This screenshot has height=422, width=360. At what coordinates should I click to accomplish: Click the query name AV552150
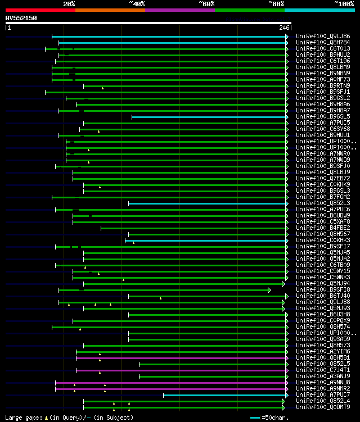[21, 18]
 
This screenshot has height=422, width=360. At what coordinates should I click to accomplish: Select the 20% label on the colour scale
[69, 3]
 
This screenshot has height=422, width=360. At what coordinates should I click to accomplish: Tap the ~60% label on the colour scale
[206, 3]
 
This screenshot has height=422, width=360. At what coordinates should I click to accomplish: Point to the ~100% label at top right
[344, 3]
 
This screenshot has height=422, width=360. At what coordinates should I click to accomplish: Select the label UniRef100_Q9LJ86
[323, 36]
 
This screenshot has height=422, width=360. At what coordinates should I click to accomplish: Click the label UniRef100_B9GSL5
[323, 117]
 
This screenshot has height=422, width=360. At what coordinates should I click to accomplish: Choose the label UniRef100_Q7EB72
[323, 179]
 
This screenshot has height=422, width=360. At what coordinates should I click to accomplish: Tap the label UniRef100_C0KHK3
[323, 241]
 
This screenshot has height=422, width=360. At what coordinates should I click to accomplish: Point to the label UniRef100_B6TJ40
[323, 296]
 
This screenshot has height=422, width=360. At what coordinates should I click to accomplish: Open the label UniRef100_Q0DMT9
[323, 407]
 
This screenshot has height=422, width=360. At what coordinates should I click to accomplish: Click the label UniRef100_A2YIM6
[323, 352]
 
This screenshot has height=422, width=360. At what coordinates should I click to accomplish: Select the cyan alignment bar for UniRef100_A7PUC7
[225, 395]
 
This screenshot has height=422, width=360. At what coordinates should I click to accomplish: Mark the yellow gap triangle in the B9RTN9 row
[102, 88]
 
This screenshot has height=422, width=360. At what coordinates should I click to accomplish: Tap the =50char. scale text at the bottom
[275, 418]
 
